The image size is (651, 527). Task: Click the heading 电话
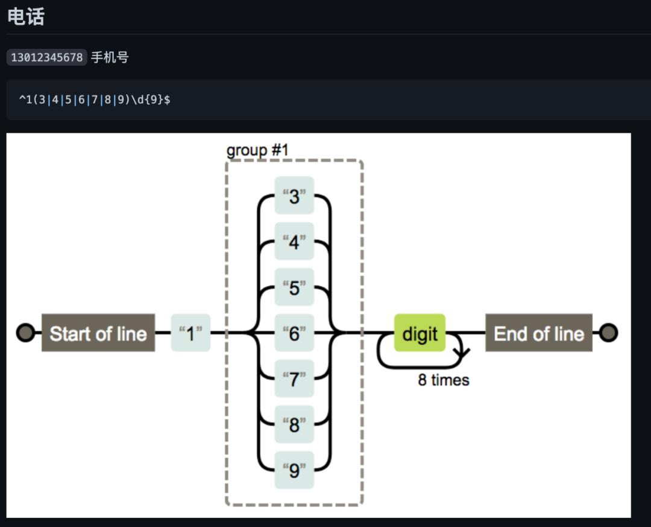tap(26, 16)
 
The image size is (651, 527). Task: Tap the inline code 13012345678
tap(47, 58)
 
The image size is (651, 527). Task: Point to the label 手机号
tap(110, 58)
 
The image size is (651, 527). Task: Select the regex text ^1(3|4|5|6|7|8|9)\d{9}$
tap(95, 99)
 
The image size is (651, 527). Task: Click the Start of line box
tap(98, 333)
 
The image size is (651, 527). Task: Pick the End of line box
tap(539, 333)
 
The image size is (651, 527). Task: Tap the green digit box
tap(420, 333)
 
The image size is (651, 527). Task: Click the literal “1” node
tap(190, 333)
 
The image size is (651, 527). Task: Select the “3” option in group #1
tap(294, 196)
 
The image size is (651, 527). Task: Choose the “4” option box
tap(294, 241)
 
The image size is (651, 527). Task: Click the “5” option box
tap(294, 287)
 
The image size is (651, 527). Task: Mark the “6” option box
tap(294, 333)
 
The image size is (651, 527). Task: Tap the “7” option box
tap(294, 378)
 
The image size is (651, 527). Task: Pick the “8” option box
tap(294, 424)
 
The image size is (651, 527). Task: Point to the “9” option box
tap(294, 470)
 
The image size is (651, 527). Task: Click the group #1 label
tap(257, 150)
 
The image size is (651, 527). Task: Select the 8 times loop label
tap(444, 380)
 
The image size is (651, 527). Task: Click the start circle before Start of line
tap(25, 333)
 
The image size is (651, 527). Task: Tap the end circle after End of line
tap(609, 333)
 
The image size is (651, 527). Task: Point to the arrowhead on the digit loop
tap(462, 354)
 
